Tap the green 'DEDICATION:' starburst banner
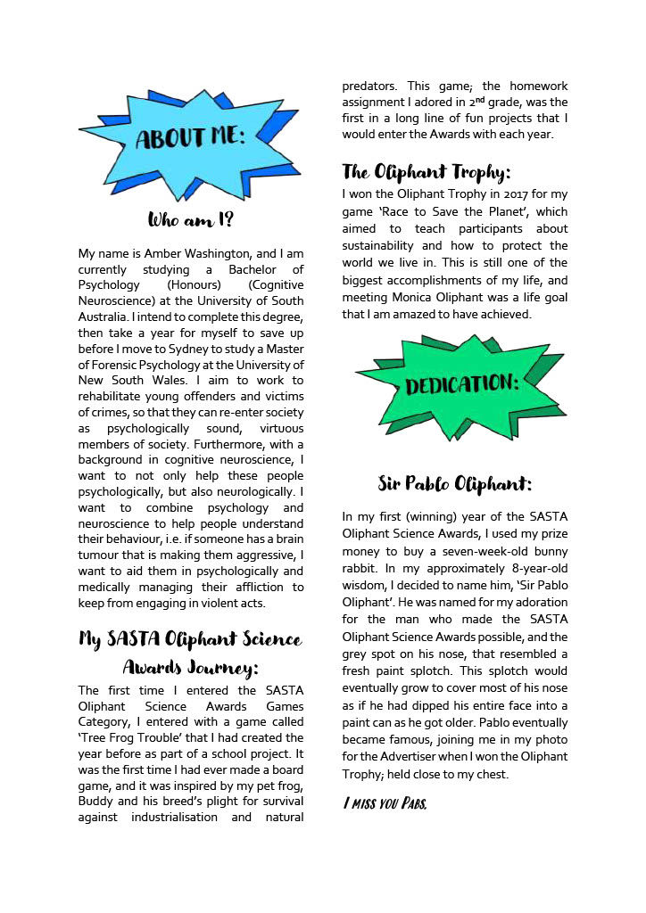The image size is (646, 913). [461, 384]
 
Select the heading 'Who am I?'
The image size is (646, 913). [191, 219]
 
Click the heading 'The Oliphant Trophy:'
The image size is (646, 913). [426, 172]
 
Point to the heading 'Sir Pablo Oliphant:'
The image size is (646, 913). [454, 484]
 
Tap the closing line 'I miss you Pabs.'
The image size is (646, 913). [385, 804]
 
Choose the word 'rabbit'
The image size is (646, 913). [360, 567]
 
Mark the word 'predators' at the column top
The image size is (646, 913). [371, 86]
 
